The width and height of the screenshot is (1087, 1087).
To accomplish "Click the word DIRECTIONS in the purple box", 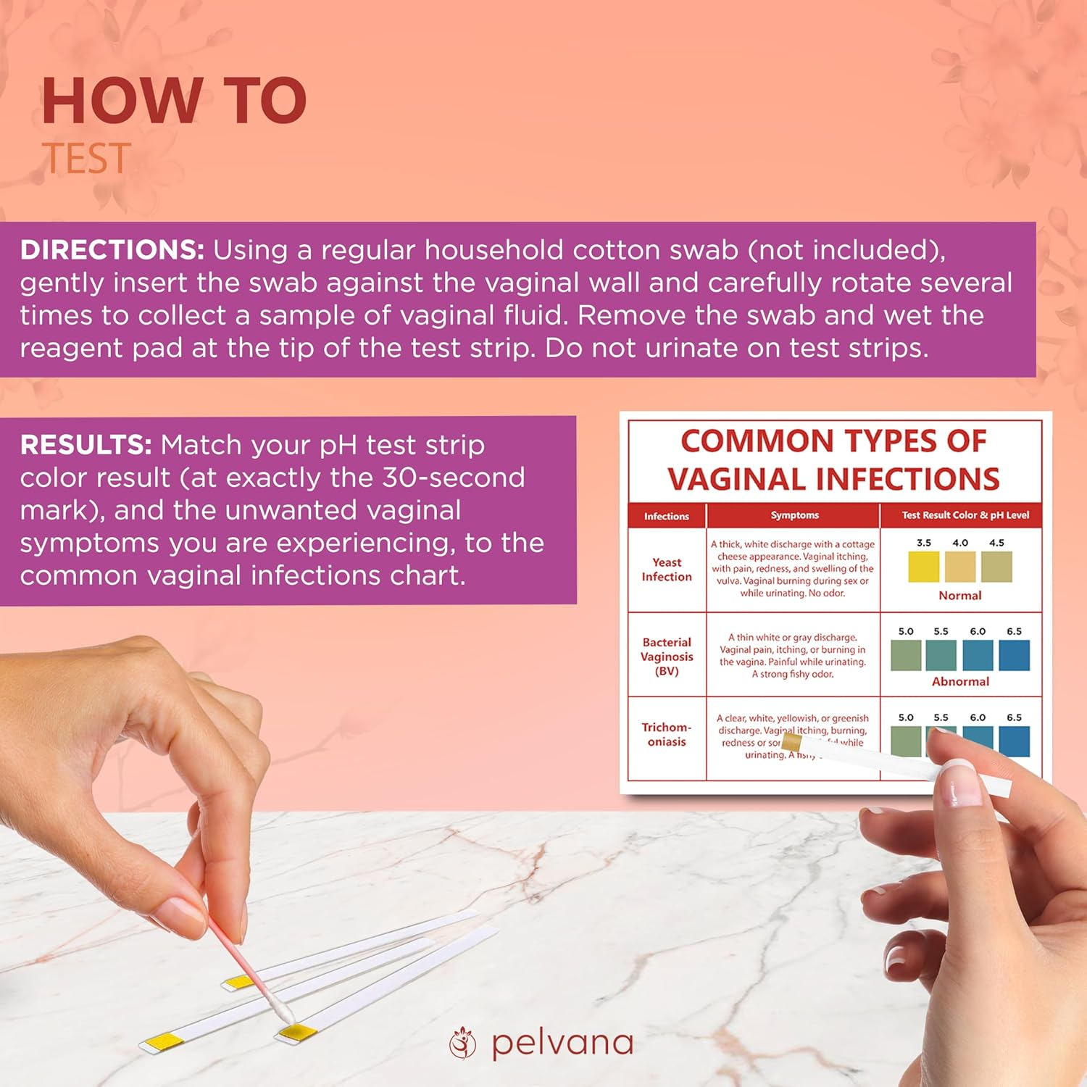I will tap(112, 250).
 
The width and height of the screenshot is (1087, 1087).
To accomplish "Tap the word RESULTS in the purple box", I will tap(86, 445).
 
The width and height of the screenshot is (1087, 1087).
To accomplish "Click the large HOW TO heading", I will tap(174, 101).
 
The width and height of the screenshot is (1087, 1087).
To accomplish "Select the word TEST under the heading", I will tap(86, 159).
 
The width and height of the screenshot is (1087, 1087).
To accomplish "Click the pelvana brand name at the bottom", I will tap(562, 1044).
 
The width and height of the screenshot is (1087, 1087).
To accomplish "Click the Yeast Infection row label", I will tap(667, 570).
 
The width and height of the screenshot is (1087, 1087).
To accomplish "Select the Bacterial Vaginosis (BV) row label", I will tap(667, 657).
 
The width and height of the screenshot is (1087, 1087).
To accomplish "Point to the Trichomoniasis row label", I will tap(667, 734).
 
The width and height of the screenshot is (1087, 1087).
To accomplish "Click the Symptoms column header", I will tap(794, 515).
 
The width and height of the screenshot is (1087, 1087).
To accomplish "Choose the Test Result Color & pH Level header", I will tap(965, 515).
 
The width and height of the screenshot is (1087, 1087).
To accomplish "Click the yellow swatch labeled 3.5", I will tap(923, 567).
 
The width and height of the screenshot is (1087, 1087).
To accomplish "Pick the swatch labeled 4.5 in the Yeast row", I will tap(996, 567).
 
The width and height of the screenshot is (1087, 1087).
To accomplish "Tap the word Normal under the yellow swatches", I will tap(959, 596).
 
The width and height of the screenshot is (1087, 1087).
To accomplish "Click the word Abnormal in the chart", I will tap(960, 682).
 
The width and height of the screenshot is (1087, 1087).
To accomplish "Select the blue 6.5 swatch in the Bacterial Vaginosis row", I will tap(1014, 655).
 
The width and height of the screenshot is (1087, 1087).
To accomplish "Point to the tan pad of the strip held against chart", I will tap(791, 742).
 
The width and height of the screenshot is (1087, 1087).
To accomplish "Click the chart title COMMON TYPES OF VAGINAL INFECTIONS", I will tap(833, 460).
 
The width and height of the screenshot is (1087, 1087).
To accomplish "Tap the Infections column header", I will tap(667, 516).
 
